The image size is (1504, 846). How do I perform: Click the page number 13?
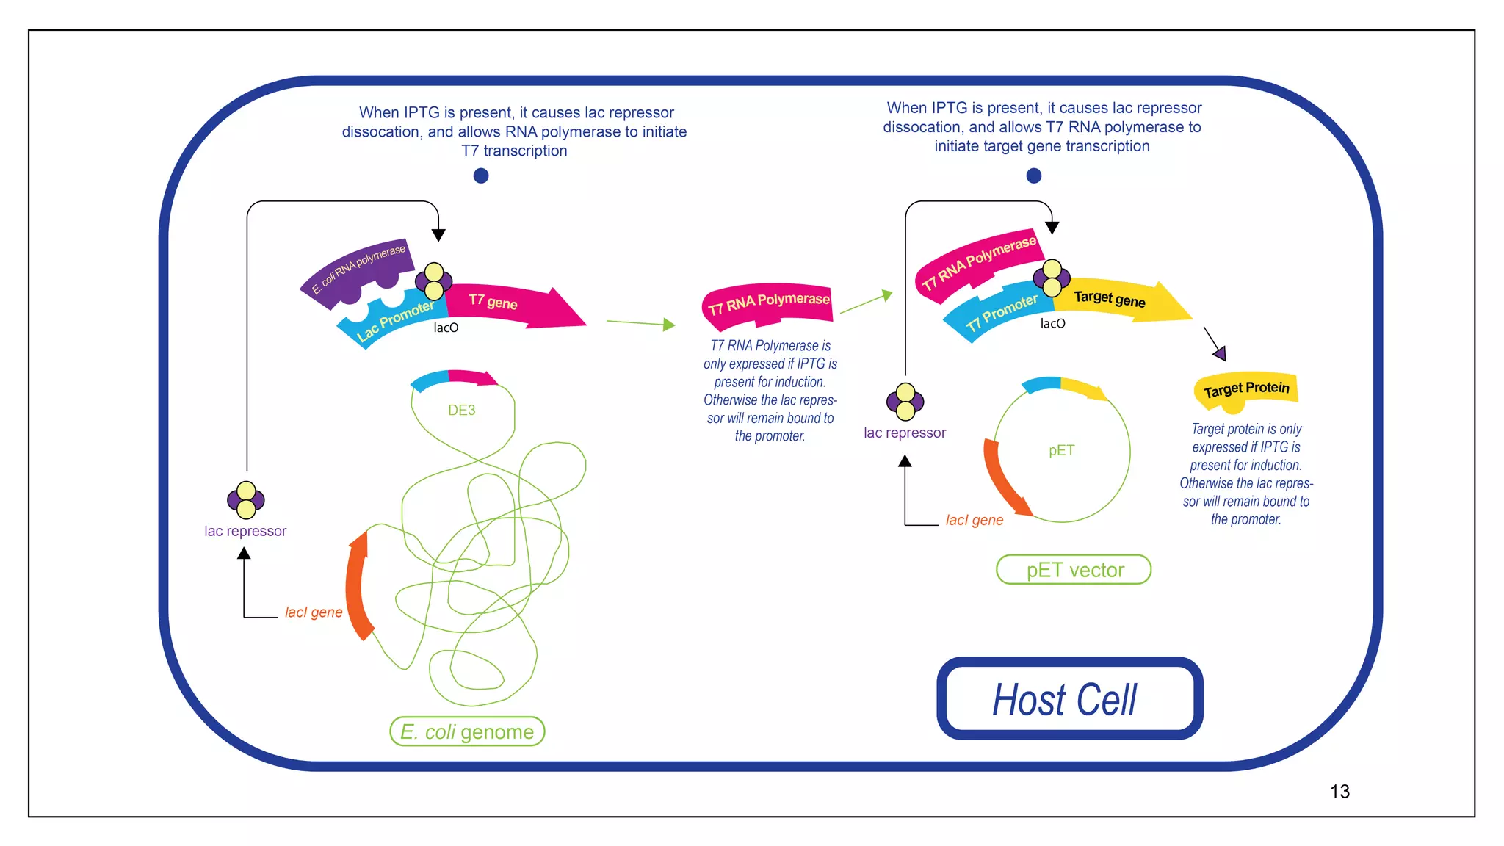1339,792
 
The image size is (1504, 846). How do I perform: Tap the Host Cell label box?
1069,698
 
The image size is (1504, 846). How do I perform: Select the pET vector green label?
1074,570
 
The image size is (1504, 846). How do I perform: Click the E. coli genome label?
467,731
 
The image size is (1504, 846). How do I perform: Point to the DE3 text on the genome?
461,411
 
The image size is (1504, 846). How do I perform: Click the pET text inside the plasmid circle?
1061,450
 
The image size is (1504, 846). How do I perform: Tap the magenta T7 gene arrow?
514,304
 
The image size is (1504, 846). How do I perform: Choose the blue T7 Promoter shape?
999,313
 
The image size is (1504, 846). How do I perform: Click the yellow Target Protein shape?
1246,389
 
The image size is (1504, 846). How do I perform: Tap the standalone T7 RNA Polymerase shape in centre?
768,302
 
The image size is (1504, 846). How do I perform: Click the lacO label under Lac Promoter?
446,328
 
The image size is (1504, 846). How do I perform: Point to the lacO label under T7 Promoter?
1052,324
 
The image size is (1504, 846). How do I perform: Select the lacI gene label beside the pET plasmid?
974,520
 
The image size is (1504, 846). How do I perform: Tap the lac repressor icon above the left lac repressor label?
246,500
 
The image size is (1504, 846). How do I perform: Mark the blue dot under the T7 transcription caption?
481,176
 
